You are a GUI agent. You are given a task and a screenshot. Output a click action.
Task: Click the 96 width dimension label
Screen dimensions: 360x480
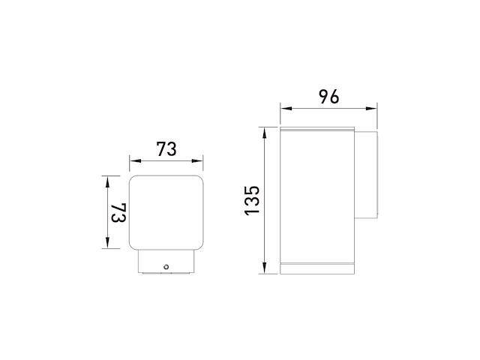pyautogui.click(x=328, y=96)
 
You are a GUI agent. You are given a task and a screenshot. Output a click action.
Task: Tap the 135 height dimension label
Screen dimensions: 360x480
pyautogui.click(x=252, y=200)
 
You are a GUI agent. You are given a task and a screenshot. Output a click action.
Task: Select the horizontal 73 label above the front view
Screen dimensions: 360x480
pyautogui.click(x=166, y=149)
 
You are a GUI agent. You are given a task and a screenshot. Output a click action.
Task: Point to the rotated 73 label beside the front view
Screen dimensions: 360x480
pyautogui.click(x=118, y=212)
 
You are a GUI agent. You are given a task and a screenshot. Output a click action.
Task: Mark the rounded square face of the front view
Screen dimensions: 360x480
pyautogui.click(x=166, y=212)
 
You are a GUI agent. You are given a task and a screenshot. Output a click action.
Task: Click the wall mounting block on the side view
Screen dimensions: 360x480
pyautogui.click(x=366, y=175)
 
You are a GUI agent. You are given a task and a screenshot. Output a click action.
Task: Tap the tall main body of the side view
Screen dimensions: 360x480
pyautogui.click(x=316, y=195)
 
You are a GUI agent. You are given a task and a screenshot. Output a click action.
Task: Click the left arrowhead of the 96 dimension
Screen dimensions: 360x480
pyautogui.click(x=284, y=108)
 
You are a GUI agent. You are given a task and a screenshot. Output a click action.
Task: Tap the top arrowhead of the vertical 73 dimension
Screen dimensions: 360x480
pyautogui.click(x=108, y=180)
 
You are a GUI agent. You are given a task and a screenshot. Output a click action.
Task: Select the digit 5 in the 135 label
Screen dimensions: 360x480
pyautogui.click(x=252, y=190)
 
